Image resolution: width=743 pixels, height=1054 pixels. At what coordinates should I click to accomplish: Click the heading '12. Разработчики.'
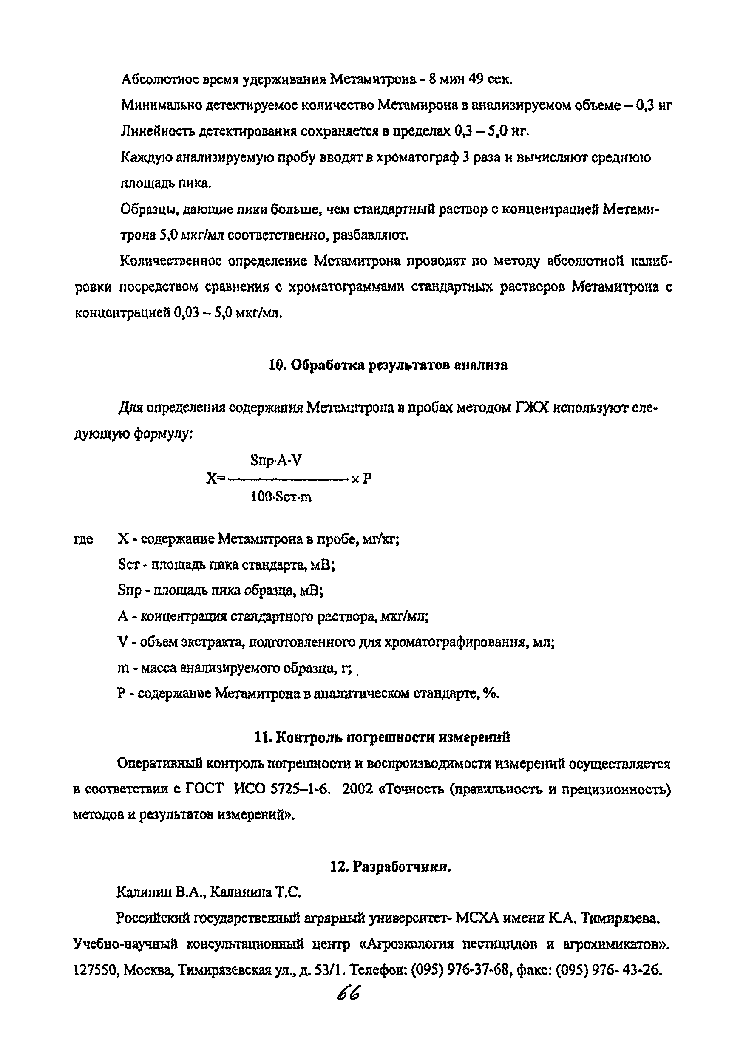(390, 867)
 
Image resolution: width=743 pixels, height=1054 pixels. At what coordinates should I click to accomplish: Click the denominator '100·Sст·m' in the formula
(281, 497)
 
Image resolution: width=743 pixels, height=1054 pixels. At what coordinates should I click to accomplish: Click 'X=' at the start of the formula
(216, 479)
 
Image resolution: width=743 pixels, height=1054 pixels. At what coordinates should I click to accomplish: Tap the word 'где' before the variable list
(83, 539)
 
